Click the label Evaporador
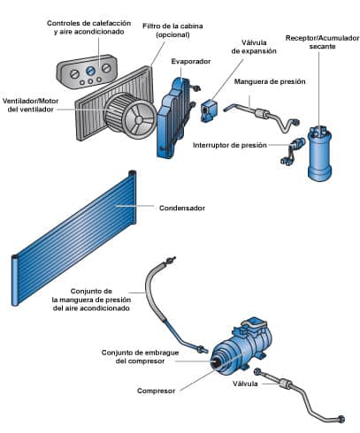coord(191,61)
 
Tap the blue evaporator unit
coord(173,118)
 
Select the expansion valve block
coord(209,110)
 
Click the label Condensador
coord(182,208)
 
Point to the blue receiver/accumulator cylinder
coord(319,153)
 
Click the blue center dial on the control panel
coord(90,71)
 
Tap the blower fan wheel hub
coord(138,119)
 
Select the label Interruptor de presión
coord(230,145)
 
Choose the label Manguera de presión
coord(270,81)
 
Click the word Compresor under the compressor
coord(156,391)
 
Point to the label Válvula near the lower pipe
coord(245,384)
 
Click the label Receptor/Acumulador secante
coord(322,42)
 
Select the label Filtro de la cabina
coord(172,26)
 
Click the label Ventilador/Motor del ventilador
coord(30,105)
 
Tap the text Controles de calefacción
coord(88,23)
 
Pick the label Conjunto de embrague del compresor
coord(140,357)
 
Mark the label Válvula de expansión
coord(254,47)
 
